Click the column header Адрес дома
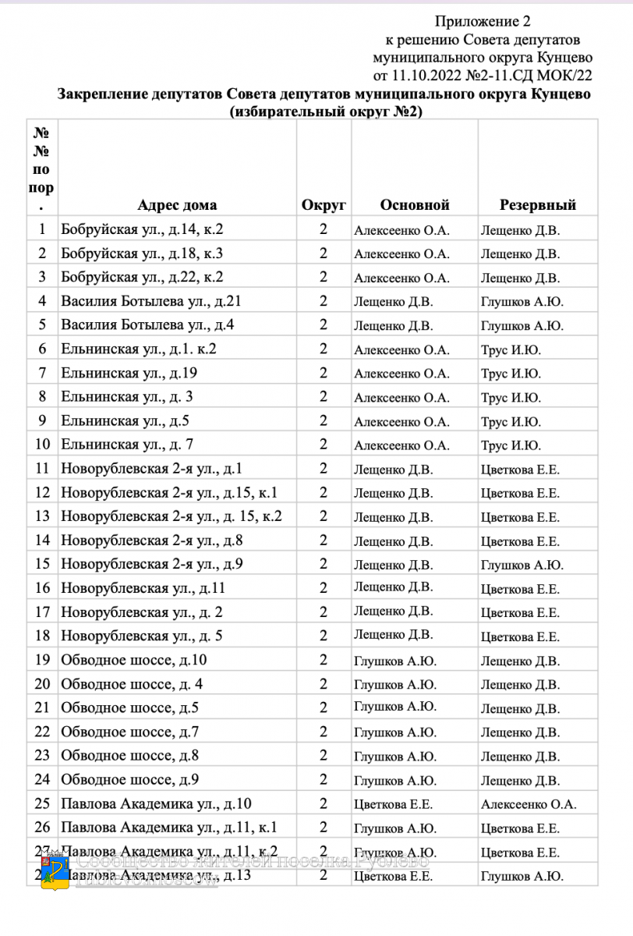177,205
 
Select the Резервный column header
537,205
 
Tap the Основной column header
415,205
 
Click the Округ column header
324,205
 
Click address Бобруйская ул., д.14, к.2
142,230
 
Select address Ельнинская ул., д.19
129,373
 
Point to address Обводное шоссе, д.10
133,661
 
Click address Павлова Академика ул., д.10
156,804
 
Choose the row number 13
43,516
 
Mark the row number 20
43,684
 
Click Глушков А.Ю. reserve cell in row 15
522,565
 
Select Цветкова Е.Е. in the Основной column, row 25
393,804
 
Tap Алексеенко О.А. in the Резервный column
529,804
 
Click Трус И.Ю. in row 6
511,349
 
